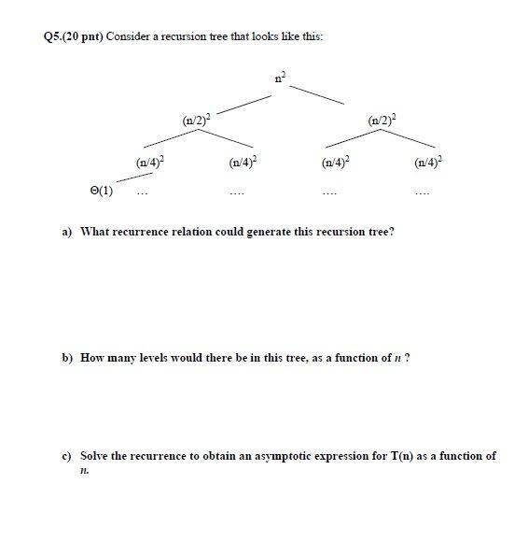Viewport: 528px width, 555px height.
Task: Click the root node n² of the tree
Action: pyautogui.click(x=278, y=78)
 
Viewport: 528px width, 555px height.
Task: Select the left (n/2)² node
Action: pyautogui.click(x=196, y=120)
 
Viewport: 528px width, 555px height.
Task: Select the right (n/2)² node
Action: pyautogui.click(x=381, y=120)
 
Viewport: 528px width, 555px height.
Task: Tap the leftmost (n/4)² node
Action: pyautogui.click(x=149, y=162)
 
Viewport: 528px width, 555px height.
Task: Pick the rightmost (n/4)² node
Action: pyautogui.click(x=427, y=162)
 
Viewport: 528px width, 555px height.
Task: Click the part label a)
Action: pyautogui.click(x=67, y=231)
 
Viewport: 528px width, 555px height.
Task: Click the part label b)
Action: pyautogui.click(x=67, y=358)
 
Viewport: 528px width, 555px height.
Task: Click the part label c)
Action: pyautogui.click(x=67, y=456)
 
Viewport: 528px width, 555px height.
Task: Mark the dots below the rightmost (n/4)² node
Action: pyautogui.click(x=424, y=194)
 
